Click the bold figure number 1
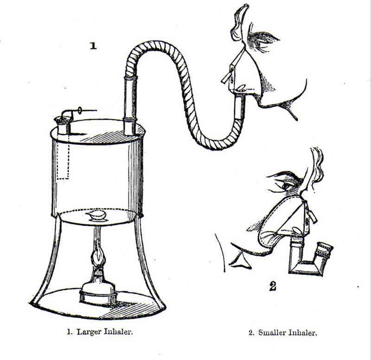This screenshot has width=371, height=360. pos(94,45)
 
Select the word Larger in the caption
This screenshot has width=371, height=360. pos(90,332)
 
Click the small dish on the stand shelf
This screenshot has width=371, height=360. pos(97,216)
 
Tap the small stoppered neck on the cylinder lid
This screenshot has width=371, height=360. pos(64,125)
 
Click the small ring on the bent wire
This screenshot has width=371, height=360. pos(80,110)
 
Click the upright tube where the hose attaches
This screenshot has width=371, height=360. pos(130,105)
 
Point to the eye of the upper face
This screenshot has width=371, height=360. pos(259,44)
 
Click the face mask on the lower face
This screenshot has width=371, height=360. pos(284,220)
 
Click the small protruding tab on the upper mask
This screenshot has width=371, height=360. pos(226,77)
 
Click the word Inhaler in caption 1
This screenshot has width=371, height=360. pos(118,332)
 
